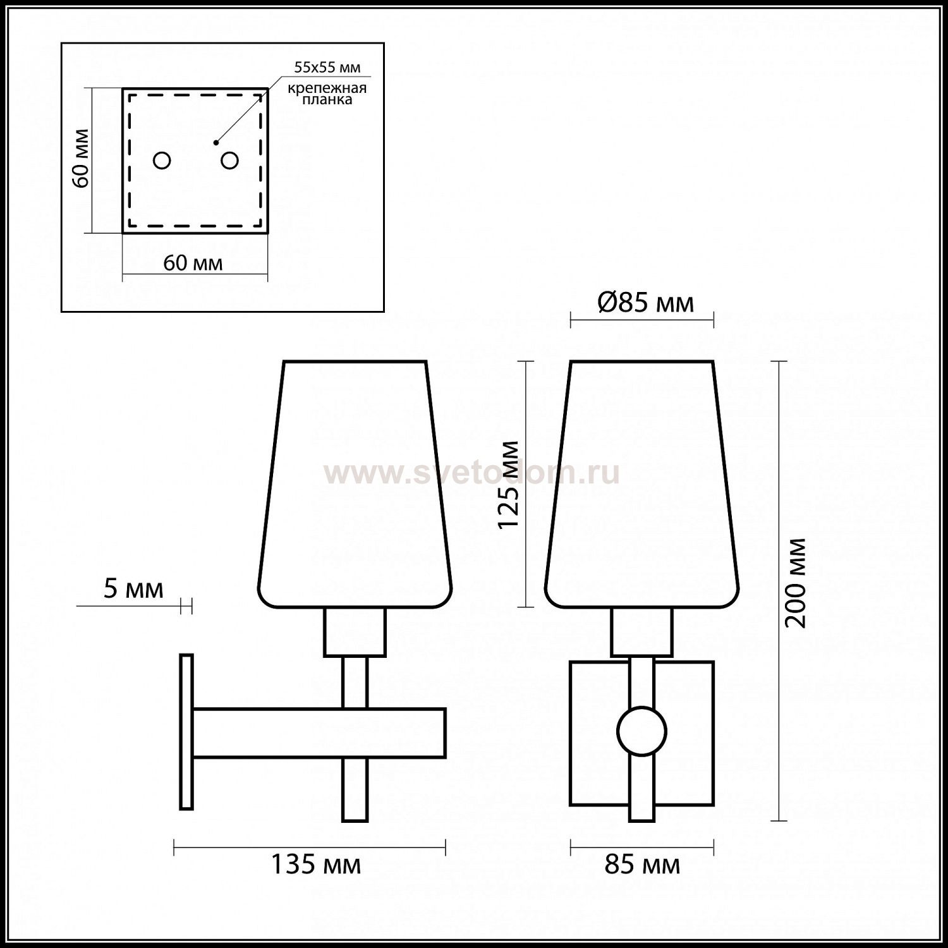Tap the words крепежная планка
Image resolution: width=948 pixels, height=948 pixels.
click(327, 94)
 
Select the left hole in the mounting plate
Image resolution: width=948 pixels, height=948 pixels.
click(162, 161)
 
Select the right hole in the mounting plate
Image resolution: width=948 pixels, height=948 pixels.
click(229, 161)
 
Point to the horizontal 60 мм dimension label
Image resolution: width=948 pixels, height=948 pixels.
click(193, 262)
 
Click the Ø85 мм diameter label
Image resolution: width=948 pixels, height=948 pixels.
click(645, 303)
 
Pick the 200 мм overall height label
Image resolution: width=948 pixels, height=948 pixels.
click(796, 583)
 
